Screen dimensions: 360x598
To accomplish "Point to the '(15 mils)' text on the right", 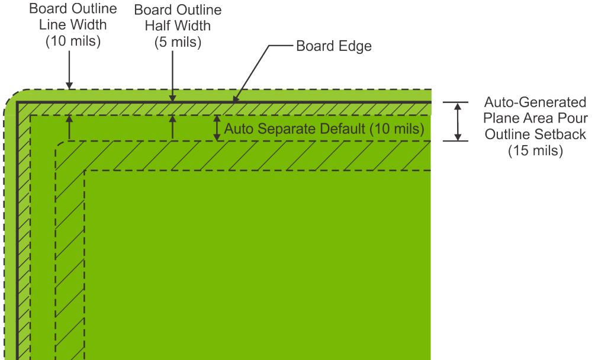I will click(536, 150).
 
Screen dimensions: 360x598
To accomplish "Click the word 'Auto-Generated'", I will click(536, 101).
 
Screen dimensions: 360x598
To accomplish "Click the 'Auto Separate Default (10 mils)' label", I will click(324, 128).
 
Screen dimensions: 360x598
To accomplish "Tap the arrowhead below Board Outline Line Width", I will click(70, 85).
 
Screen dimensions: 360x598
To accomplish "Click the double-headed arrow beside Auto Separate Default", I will click(217, 127).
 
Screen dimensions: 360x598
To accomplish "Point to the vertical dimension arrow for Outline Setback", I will click(457, 121).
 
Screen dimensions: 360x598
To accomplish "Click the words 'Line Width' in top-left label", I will click(70, 27).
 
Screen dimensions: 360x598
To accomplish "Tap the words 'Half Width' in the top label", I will click(172, 27).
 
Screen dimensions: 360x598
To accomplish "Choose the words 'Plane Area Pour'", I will click(536, 118).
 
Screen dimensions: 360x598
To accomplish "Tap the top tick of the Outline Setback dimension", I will click(457, 102).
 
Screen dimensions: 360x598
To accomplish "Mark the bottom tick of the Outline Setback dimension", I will click(457, 141).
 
